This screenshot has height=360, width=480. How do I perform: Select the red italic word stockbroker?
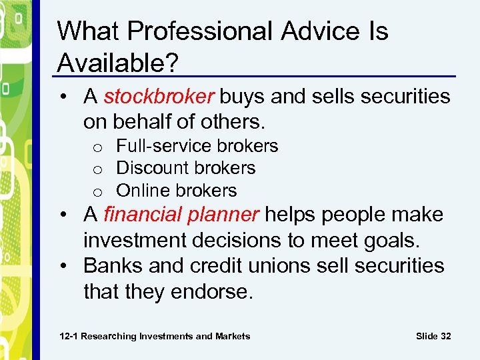tap(159, 97)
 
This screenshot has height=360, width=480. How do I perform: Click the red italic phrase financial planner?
tap(181, 215)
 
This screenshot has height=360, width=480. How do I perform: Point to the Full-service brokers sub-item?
tap(197, 146)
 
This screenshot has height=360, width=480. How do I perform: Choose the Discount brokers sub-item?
tap(185, 168)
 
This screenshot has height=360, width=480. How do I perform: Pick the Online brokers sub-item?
tap(176, 190)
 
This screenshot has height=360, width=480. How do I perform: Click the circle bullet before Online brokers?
tap(97, 191)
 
